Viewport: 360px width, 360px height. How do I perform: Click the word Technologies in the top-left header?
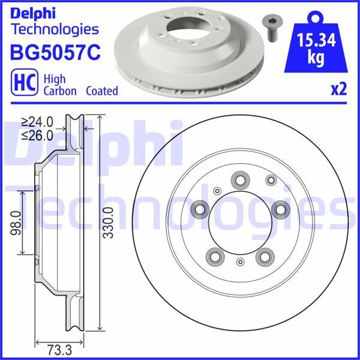[55, 28]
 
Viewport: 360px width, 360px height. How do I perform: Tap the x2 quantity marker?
[338, 89]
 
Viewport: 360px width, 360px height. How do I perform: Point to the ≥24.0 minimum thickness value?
[37, 121]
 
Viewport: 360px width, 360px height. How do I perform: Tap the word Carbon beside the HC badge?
[60, 91]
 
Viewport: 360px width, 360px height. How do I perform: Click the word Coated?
[101, 91]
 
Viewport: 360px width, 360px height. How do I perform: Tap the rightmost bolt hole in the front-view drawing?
[278, 208]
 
